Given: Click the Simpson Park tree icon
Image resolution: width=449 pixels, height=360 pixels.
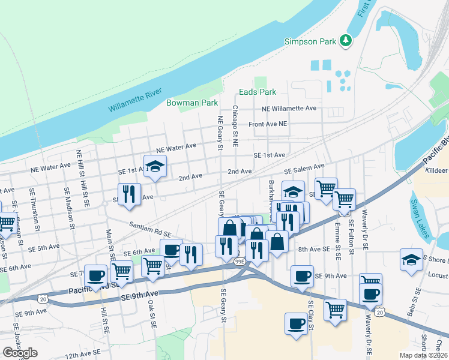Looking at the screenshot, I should (345, 40).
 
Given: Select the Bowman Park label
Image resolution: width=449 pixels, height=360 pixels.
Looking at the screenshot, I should (191, 103).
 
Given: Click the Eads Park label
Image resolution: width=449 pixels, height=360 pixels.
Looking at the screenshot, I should (258, 92).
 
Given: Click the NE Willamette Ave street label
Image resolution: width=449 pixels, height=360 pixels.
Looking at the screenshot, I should (288, 109).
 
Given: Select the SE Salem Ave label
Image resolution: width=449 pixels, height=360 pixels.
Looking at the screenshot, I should (304, 169).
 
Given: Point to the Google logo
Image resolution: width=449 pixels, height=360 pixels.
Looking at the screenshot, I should (20, 353).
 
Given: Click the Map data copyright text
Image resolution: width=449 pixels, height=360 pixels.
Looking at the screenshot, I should (424, 355).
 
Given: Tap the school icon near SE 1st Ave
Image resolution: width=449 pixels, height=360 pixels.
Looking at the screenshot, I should (154, 166).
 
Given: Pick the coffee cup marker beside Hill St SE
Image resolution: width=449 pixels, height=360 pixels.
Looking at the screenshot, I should (96, 276).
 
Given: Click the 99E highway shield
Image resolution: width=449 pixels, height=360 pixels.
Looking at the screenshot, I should (239, 262).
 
